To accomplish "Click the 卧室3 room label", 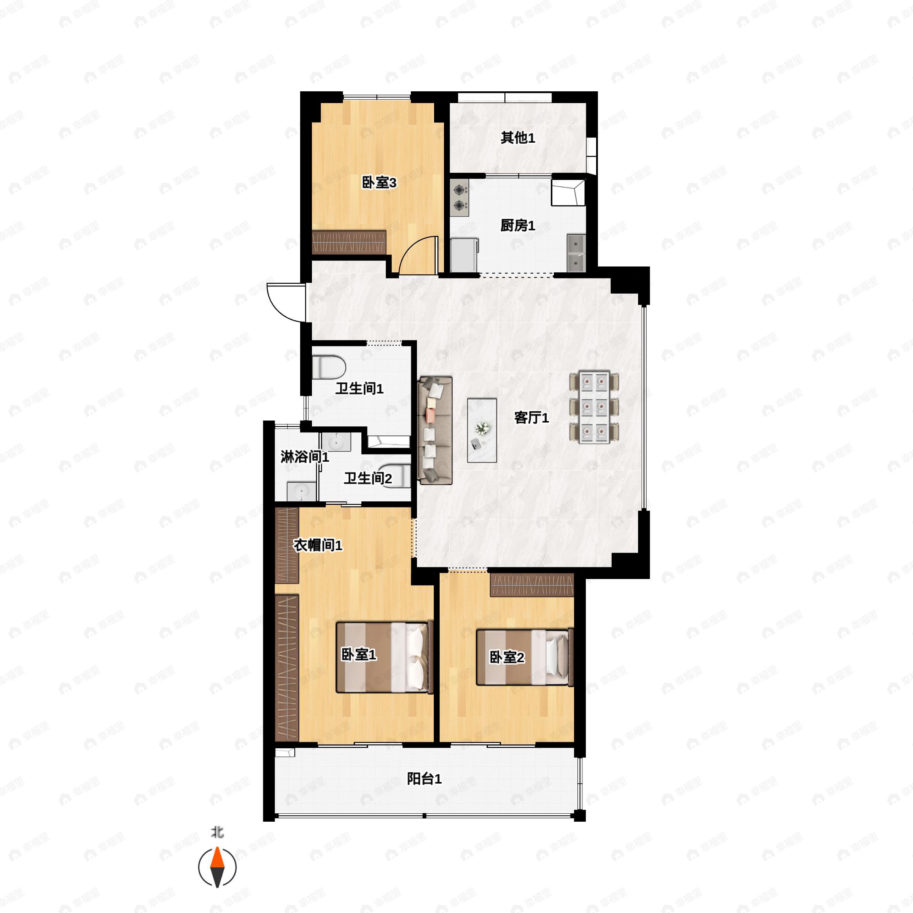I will [x=379, y=183].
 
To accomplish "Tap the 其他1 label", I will [x=517, y=138].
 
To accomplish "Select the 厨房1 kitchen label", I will [x=517, y=226].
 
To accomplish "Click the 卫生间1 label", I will [x=359, y=388].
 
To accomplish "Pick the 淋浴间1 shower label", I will [x=304, y=457].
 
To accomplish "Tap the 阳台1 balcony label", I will [x=424, y=778].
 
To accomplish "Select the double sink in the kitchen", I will [x=576, y=253].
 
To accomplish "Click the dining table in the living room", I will [x=594, y=408].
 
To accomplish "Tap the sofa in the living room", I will [x=435, y=430].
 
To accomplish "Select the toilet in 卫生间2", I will [x=398, y=476].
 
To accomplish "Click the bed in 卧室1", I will [x=384, y=657].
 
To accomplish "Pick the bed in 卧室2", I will [x=524, y=657].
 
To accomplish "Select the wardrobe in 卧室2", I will [x=532, y=585].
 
